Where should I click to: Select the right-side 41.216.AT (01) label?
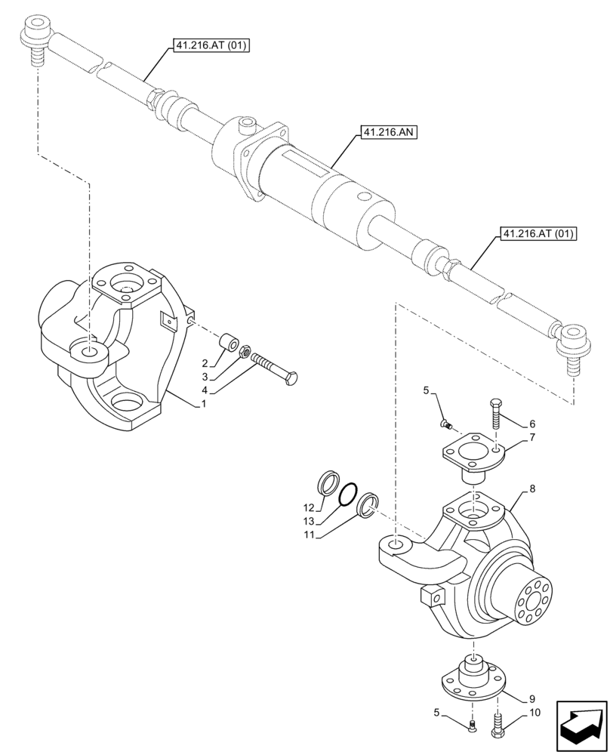536,234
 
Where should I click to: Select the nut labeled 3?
245,352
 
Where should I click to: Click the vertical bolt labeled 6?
495,416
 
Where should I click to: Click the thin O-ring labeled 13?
348,496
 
